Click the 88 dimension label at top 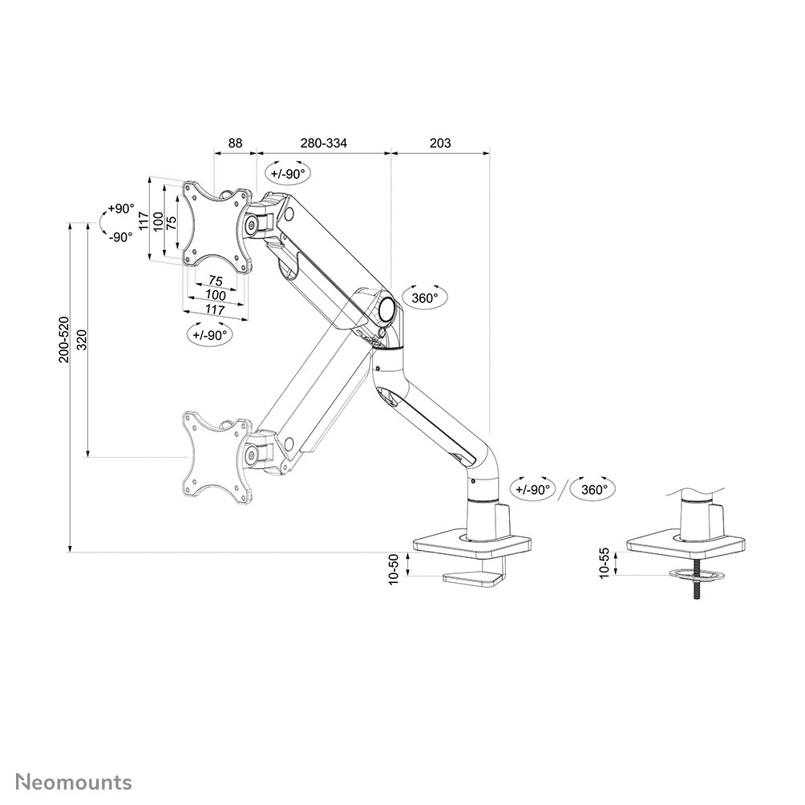(x=235, y=144)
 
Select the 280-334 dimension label (x=324, y=144)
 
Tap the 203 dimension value (x=440, y=144)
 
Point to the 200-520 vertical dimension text (x=63, y=339)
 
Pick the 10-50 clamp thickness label (x=394, y=569)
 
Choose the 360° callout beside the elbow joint (x=424, y=298)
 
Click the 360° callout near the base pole (x=593, y=489)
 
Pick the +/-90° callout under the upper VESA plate (x=210, y=335)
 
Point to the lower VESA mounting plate (x=215, y=458)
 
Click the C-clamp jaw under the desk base (x=473, y=578)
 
